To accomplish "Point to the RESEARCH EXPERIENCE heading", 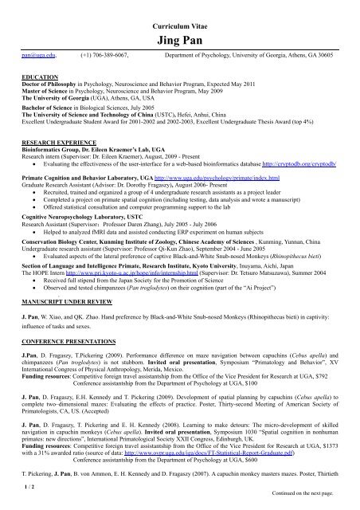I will [51, 137].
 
